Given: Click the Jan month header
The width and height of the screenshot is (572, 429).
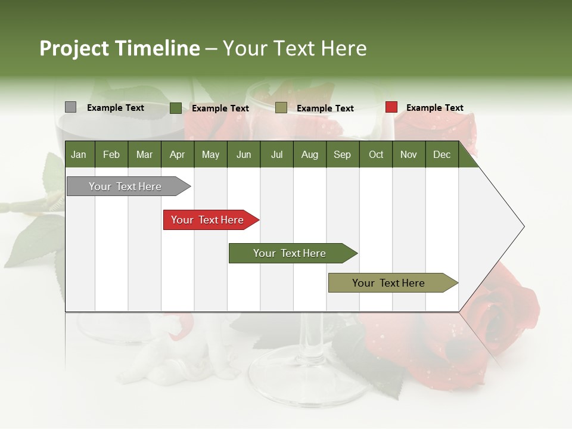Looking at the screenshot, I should [79, 154].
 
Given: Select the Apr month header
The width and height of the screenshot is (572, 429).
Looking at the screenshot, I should [177, 154].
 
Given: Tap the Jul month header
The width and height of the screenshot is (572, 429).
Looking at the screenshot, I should [276, 154].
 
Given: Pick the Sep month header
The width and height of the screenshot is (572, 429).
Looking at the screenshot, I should [342, 154].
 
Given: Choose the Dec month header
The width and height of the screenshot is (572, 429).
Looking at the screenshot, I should [442, 154].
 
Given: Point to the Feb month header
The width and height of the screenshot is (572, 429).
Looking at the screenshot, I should [111, 154].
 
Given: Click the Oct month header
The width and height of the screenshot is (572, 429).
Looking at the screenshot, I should [376, 154].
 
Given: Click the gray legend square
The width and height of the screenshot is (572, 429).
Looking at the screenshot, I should [70, 107].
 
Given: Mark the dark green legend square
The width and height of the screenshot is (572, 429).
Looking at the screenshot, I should [175, 108].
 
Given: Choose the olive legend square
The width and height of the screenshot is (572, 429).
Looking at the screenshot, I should [281, 108].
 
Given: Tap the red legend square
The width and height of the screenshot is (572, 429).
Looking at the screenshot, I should [391, 107].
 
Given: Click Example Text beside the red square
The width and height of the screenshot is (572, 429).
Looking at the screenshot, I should [434, 108].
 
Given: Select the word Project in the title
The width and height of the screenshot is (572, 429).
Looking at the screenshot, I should [73, 48].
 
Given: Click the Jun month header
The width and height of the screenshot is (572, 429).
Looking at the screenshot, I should [244, 154].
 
